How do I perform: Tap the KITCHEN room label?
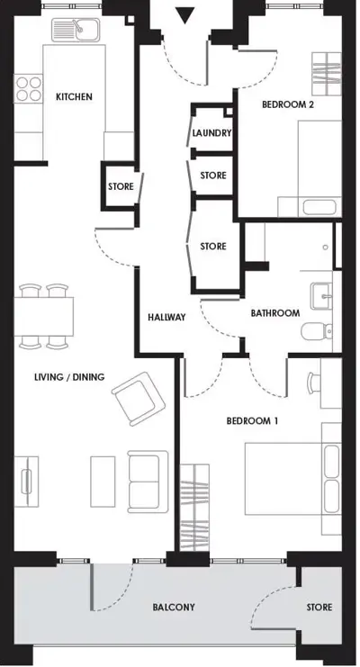coord(74,96)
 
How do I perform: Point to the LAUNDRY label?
coord(212,133)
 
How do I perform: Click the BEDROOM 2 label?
coord(288,104)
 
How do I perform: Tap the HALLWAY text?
coord(166,317)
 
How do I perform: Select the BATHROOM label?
coord(274,313)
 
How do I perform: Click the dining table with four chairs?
coord(43,315)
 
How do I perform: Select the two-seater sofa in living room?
coord(147,479)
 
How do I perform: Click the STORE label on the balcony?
coord(319,608)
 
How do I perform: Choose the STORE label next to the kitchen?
coord(121,187)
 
